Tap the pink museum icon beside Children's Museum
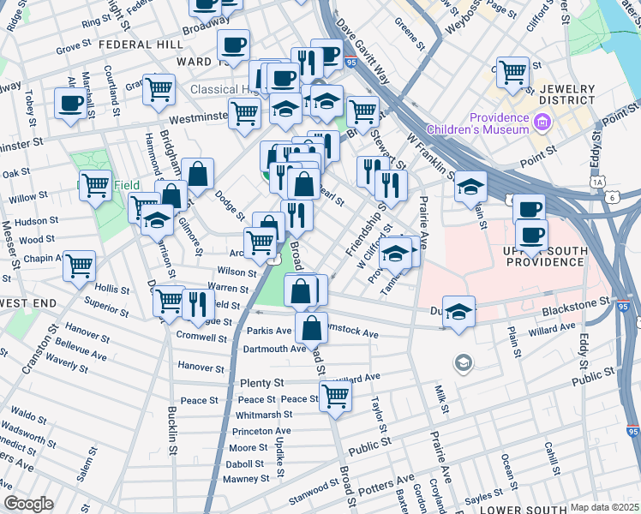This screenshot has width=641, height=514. (541, 123)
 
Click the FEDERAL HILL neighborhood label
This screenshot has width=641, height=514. (141, 44)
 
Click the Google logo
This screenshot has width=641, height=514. (28, 504)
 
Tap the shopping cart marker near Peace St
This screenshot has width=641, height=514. (335, 395)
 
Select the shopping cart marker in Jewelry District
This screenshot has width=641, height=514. (512, 72)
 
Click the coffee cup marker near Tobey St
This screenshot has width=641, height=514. (70, 103)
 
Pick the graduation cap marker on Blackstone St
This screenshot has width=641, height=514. (459, 310)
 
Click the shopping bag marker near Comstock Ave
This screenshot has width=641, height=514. (311, 327)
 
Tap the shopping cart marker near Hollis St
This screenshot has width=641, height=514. (80, 266)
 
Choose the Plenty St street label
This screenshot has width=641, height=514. (267, 382)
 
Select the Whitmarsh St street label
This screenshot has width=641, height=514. (264, 415)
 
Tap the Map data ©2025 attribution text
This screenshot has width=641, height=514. (604, 507)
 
